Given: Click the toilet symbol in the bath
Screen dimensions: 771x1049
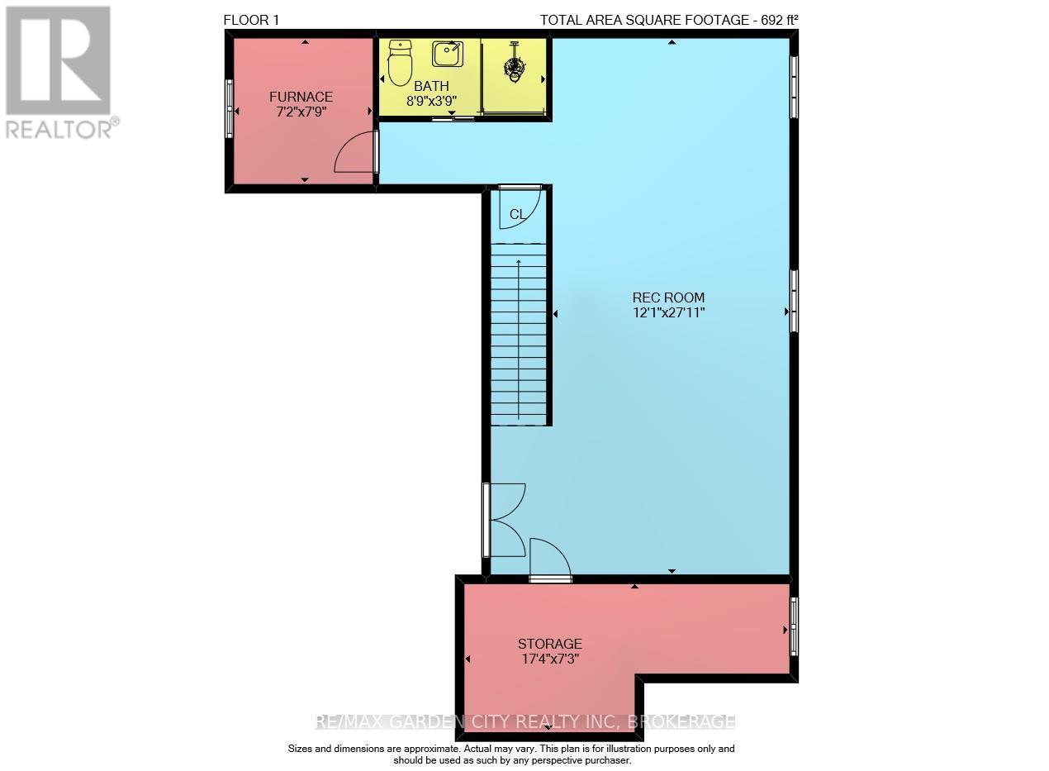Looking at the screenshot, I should click(400, 63).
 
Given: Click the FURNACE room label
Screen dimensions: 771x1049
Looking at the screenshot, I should click(301, 97).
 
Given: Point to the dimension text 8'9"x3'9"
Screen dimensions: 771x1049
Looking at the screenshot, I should click(431, 101).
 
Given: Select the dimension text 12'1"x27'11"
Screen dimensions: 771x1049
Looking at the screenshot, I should click(668, 312).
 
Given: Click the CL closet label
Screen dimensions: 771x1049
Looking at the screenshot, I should click(517, 215).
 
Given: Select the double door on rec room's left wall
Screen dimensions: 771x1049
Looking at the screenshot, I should click(505, 520).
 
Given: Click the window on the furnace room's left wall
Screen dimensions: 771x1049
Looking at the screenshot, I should click(230, 108).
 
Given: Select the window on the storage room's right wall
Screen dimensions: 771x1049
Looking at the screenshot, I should click(794, 626).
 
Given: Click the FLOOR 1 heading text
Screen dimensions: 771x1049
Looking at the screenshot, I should click(252, 20).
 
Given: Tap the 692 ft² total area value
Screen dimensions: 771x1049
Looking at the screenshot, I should click(778, 20).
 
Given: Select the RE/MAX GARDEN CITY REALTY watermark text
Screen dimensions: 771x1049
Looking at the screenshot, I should click(525, 721).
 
